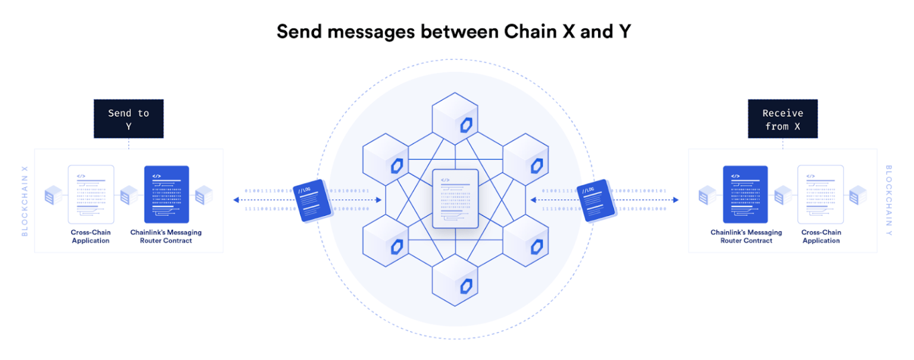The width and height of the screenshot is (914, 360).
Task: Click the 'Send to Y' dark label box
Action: pyautogui.click(x=129, y=119)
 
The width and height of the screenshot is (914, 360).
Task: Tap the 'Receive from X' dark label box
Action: pyautogui.click(x=782, y=119)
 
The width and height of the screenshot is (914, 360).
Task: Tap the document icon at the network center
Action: pyautogui.click(x=455, y=198)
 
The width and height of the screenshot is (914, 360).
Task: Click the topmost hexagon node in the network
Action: pyautogui.click(x=455, y=118)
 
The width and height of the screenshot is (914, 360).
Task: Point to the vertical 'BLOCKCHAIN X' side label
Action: pyautogui.click(x=25, y=201)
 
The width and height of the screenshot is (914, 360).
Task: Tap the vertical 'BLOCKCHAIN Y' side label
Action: pyautogui.click(x=888, y=201)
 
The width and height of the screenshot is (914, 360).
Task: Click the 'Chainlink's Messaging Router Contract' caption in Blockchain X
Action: pyautogui.click(x=166, y=236)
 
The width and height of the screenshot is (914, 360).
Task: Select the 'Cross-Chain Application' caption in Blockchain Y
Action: pyautogui.click(x=821, y=236)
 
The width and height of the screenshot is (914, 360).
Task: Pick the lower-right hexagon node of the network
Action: pyautogui.click(x=525, y=239)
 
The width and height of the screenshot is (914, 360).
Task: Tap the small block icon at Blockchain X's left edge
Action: pyautogui.click(x=54, y=195)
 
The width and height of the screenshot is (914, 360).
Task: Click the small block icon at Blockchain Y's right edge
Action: pyautogui.click(x=857, y=195)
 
